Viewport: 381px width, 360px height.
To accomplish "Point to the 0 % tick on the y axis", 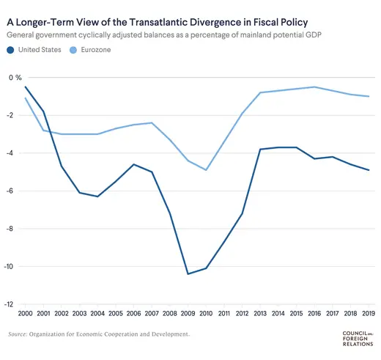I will tap(15, 78).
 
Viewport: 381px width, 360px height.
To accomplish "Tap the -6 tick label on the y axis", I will tap(12, 191).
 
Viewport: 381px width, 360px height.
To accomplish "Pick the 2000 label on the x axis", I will tap(25, 313).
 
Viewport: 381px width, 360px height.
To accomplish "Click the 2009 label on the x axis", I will tap(189, 313).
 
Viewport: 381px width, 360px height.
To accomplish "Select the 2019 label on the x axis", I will tap(369, 313).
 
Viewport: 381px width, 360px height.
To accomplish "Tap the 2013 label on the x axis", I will tap(261, 313).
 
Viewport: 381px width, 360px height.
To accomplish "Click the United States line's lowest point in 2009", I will tap(188, 274).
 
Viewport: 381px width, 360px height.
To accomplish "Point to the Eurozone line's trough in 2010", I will tap(207, 170).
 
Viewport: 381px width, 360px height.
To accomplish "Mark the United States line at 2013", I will tap(260, 150).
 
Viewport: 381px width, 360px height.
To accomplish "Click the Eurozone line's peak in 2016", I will tap(314, 87).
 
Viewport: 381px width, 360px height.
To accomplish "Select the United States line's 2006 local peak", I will tap(133, 164).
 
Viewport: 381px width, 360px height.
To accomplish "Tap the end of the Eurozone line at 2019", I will tap(369, 97).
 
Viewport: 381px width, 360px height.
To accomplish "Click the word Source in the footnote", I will tap(18, 334).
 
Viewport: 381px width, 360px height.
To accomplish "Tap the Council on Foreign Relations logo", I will tap(358, 338).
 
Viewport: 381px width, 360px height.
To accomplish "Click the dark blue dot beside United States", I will tap(11, 50).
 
